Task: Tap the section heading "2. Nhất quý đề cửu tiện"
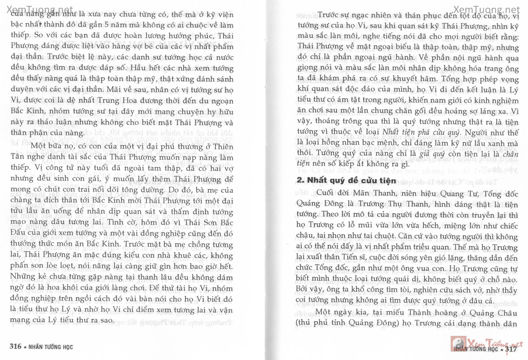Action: tap(346, 180)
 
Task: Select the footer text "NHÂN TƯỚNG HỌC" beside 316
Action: tap(50, 346)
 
